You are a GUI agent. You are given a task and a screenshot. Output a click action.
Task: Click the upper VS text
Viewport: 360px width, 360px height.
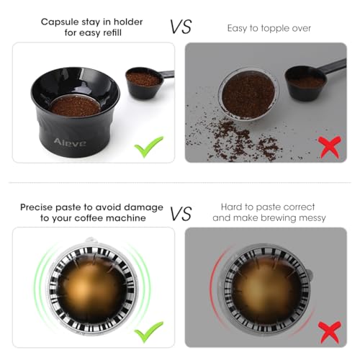[181, 27]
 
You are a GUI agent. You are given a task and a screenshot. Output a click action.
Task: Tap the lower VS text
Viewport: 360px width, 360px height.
[181, 213]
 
